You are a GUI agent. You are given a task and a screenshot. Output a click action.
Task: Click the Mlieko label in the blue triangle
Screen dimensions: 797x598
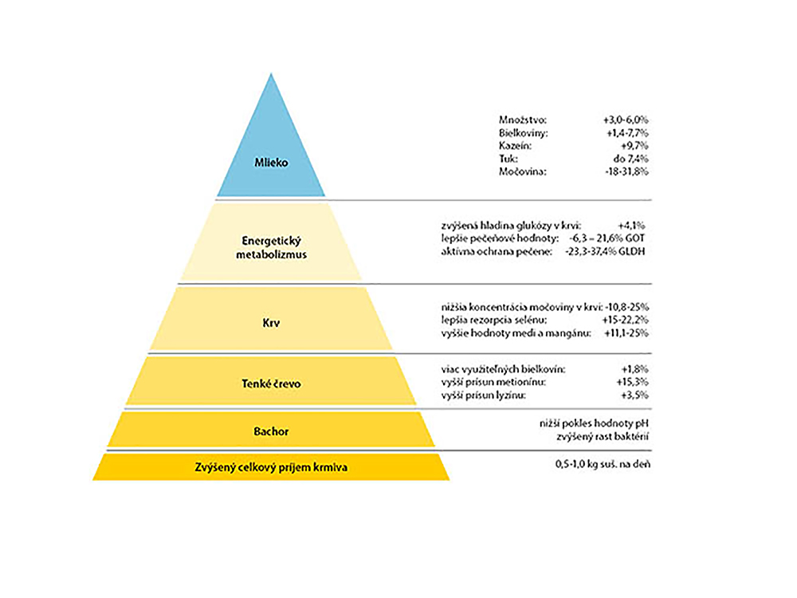272,163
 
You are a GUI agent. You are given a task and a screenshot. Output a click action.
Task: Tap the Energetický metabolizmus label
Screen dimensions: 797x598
272,248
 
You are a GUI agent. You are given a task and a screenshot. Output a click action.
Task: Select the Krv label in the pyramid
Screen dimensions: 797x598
272,323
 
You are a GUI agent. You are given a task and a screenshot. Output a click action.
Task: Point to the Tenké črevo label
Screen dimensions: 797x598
272,384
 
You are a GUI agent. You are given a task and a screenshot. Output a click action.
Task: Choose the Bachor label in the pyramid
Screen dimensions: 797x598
272,431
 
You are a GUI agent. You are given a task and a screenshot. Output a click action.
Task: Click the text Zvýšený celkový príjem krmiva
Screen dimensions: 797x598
272,467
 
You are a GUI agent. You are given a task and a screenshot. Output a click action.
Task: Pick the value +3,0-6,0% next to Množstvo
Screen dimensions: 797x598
626,120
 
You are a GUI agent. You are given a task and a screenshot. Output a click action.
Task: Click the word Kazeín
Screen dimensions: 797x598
515,146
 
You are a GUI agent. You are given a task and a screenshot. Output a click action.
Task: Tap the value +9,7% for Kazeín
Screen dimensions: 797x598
635,146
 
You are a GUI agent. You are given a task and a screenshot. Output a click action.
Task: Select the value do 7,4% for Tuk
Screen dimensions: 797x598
630,159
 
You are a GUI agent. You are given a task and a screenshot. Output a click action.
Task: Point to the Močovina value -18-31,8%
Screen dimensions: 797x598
626,172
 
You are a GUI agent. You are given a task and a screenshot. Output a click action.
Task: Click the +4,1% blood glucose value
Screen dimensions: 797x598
631,226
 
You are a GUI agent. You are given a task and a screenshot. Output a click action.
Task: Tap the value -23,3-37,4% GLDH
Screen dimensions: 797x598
605,251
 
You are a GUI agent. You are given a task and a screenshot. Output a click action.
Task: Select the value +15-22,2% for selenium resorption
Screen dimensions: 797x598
625,321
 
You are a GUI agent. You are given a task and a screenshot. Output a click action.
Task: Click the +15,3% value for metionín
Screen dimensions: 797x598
632,382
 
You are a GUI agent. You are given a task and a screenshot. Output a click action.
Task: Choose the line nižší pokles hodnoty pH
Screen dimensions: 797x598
595,423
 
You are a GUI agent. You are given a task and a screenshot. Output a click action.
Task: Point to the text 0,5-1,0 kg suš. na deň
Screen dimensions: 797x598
603,464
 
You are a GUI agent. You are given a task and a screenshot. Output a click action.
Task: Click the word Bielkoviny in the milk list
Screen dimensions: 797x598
524,133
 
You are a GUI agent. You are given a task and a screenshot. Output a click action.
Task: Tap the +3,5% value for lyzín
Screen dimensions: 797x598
635,395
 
